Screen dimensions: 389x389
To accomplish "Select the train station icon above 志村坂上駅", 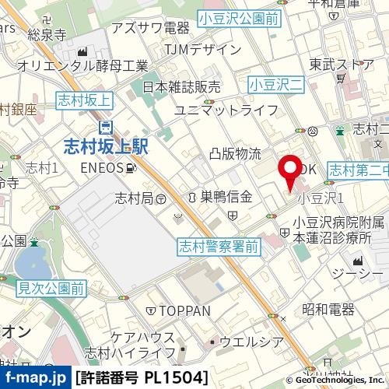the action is point(104,126).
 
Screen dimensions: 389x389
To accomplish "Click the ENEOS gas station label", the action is point(105,167).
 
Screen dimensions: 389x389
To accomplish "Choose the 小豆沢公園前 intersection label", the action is point(238,16).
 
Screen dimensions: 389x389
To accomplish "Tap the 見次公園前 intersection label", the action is point(51,289).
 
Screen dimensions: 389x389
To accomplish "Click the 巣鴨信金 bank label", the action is point(225,197).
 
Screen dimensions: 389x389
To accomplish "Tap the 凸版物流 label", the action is point(235,154).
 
